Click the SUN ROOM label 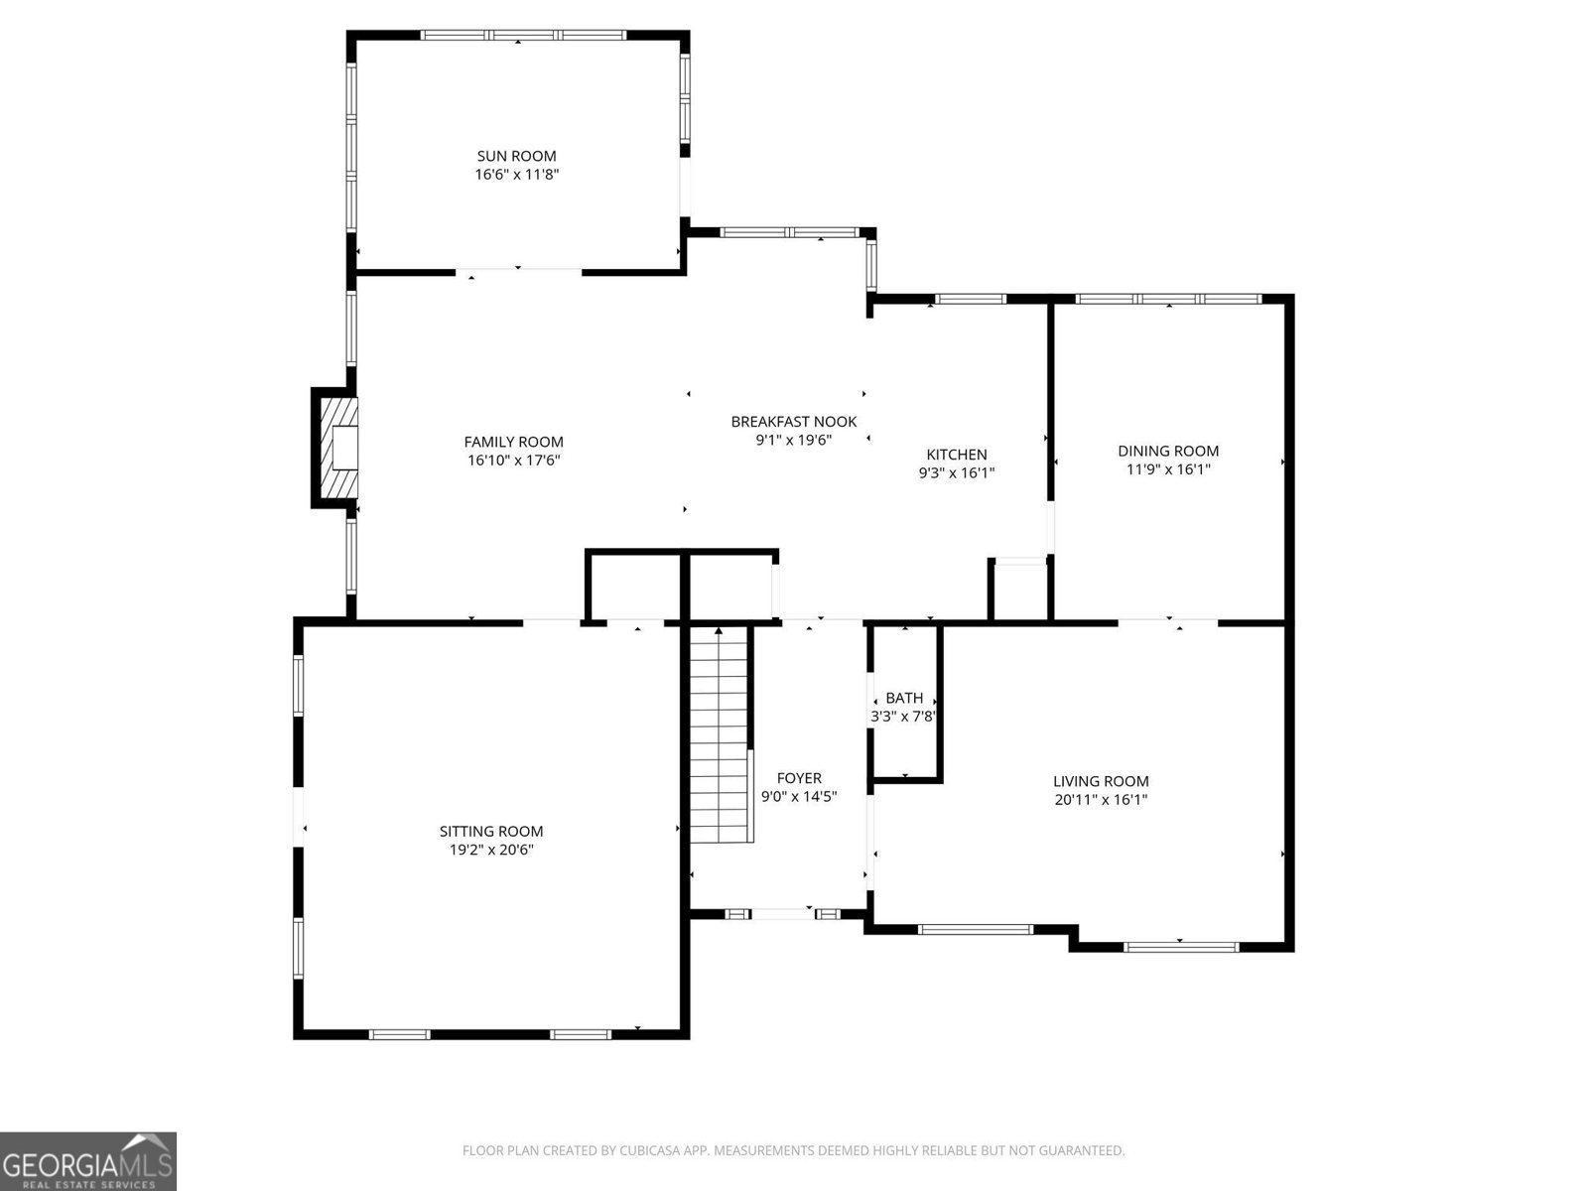pyautogui.click(x=516, y=156)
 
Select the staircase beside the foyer pyautogui.click(x=719, y=734)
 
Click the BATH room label pyautogui.click(x=904, y=698)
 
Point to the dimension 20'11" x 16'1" pyautogui.click(x=1101, y=799)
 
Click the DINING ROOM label pyautogui.click(x=1168, y=451)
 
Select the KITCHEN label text pyautogui.click(x=957, y=455)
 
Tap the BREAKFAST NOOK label pyautogui.click(x=793, y=422)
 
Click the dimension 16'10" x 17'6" pyautogui.click(x=513, y=460)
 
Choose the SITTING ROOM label pyautogui.click(x=491, y=832)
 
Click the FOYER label pyautogui.click(x=799, y=778)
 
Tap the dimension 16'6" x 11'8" pyautogui.click(x=516, y=174)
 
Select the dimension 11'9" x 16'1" pyautogui.click(x=1168, y=468)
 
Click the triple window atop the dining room pyautogui.click(x=1168, y=298)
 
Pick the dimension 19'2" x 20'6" pyautogui.click(x=491, y=850)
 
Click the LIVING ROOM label pyautogui.click(x=1101, y=781)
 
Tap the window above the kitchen pyautogui.click(x=971, y=298)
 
